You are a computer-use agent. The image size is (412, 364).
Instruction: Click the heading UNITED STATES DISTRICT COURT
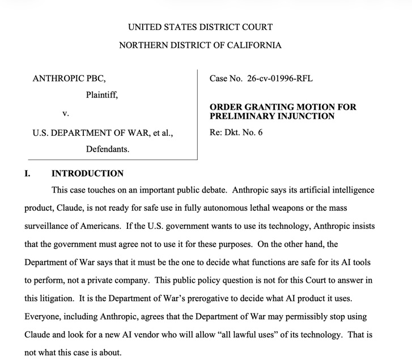pyautogui.click(x=200, y=27)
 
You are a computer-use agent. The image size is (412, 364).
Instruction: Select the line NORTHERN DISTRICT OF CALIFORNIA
pyautogui.click(x=200, y=45)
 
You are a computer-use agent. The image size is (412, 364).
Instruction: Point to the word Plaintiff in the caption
pyautogui.click(x=102, y=95)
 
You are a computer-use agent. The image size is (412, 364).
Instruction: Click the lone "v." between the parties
pyautogui.click(x=65, y=114)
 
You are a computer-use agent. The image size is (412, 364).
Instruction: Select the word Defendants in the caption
pyautogui.click(x=108, y=150)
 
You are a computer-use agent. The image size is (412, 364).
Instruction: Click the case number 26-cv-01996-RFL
pyautogui.click(x=280, y=78)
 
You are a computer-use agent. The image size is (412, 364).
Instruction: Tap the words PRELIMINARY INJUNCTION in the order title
pyautogui.click(x=272, y=116)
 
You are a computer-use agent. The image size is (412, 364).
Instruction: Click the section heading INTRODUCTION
pyautogui.click(x=87, y=173)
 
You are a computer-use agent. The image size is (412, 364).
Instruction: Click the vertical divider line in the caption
pyautogui.click(x=197, y=114)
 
